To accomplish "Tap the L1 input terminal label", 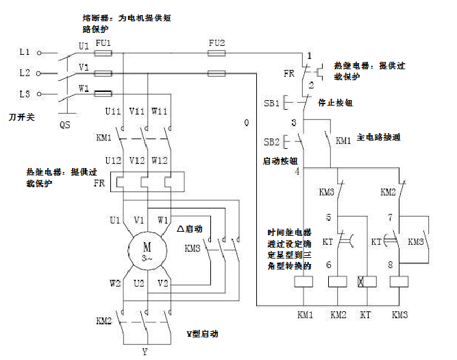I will [x=24, y=52].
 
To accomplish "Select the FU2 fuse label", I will [x=217, y=43].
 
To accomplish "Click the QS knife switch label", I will [x=64, y=125].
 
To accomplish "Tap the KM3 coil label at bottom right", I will [x=399, y=315].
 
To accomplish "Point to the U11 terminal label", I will [x=113, y=112].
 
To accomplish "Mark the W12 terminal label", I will [x=160, y=160].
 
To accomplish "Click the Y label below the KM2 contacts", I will [x=145, y=352].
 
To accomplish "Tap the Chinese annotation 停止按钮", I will [x=335, y=102].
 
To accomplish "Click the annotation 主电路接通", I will [x=378, y=138].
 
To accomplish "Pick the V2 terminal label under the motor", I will [x=163, y=283].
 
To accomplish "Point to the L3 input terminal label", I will [x=24, y=93].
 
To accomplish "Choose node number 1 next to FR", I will [x=310, y=55].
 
